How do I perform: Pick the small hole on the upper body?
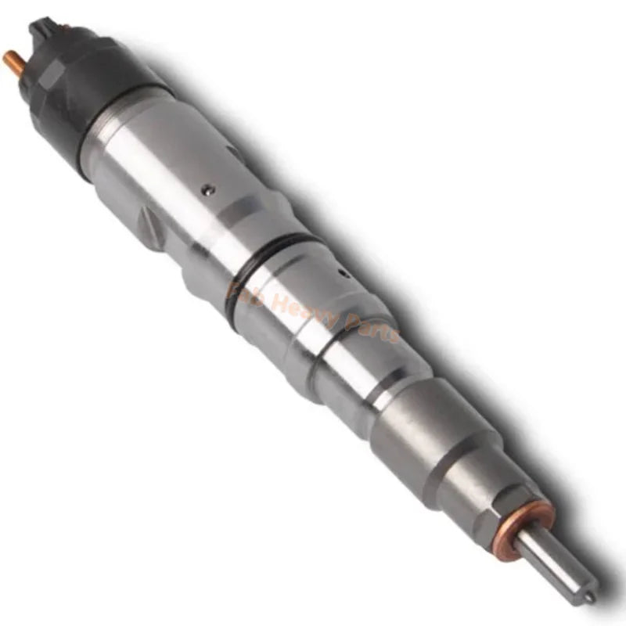click(206, 188)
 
